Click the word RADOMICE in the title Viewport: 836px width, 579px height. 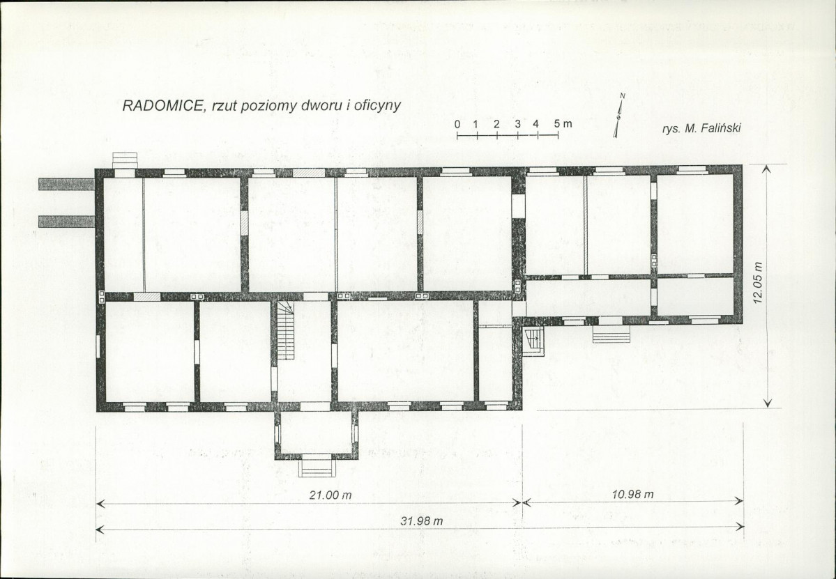click(x=163, y=105)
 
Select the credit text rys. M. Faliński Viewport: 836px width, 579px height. click(x=701, y=128)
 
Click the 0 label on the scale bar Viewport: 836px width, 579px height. click(x=457, y=124)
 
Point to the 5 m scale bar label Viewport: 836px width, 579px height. click(x=563, y=123)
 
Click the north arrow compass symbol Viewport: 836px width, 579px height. click(x=619, y=115)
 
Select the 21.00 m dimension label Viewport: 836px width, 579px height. click(x=330, y=495)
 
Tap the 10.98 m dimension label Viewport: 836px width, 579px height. click(x=632, y=494)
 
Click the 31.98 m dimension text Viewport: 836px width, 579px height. click(x=422, y=521)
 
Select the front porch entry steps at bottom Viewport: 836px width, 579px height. click(x=317, y=465)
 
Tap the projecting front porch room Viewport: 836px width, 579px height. click(x=316, y=435)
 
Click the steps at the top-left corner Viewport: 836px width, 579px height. click(x=126, y=160)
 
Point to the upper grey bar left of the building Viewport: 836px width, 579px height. click(x=67, y=185)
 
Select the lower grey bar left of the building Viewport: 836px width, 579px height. click(x=67, y=221)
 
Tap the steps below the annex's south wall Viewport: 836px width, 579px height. click(x=611, y=334)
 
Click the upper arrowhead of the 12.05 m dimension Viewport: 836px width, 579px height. click(x=767, y=169)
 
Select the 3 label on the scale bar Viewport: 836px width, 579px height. click(x=517, y=124)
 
